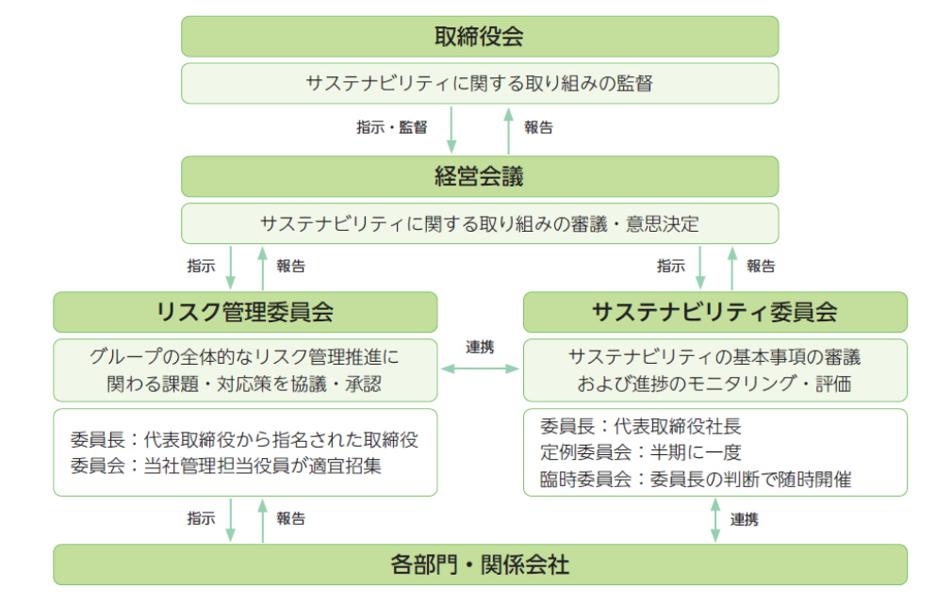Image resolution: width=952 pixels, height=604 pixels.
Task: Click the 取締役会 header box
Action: pos(480,37)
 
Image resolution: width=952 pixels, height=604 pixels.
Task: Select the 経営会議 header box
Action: pos(480,176)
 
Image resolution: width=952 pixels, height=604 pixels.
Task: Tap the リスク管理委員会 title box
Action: pos(245,312)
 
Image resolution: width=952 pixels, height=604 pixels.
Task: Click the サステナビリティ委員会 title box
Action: pos(715,312)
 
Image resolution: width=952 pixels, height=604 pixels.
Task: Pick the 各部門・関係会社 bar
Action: pos(481,564)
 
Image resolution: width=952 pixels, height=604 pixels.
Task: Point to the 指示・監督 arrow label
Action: pos(391,127)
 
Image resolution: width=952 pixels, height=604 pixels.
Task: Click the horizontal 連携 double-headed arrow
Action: pos(480,368)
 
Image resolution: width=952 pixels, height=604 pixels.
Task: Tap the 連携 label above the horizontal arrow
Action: pos(480,347)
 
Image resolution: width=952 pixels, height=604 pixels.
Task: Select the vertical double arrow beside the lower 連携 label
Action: pos(715,519)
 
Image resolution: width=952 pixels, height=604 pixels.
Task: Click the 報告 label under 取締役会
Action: pos(538,127)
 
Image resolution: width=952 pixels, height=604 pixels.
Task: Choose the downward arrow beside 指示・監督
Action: pos(451,130)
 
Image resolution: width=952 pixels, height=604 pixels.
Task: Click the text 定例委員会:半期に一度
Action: pos(641,452)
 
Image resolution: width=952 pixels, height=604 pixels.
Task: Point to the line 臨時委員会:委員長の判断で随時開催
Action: pos(696,480)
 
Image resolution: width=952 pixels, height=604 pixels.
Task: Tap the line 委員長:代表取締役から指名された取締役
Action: pos(244,439)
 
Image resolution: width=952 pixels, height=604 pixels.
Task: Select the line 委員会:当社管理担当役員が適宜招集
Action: pos(226,465)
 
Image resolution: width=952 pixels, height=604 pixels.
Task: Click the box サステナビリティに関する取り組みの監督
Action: pos(480,83)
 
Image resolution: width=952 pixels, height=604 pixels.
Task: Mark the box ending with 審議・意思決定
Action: pos(480,223)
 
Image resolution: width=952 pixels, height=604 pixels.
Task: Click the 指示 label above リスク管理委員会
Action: pos(201,266)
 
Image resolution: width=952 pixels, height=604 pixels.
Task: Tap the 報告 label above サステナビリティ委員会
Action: pos(761,266)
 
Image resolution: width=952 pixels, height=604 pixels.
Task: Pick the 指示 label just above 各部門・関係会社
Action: pos(201,518)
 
